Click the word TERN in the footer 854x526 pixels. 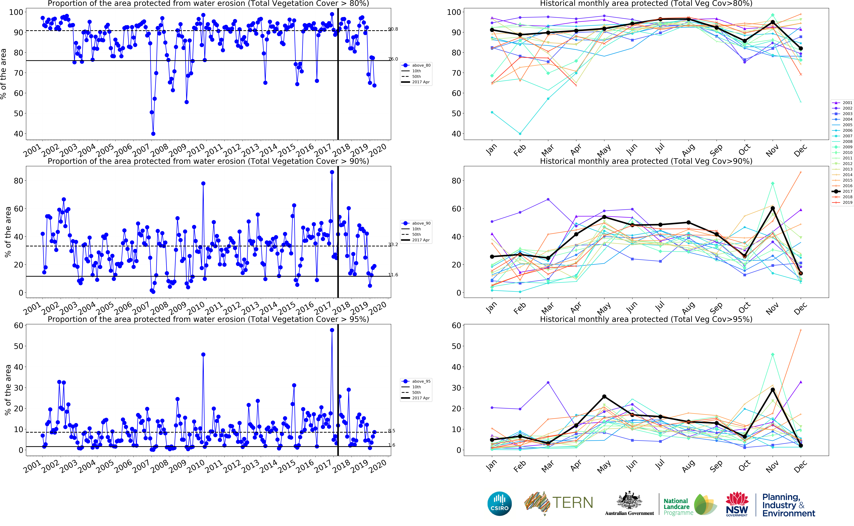click(573, 503)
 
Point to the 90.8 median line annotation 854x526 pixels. click(393, 29)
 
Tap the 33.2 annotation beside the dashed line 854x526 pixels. click(393, 245)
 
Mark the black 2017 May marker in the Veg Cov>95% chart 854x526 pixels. click(604, 397)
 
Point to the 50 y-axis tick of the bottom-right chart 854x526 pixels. click(456, 346)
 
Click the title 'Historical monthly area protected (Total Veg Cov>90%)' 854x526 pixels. click(646, 161)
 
